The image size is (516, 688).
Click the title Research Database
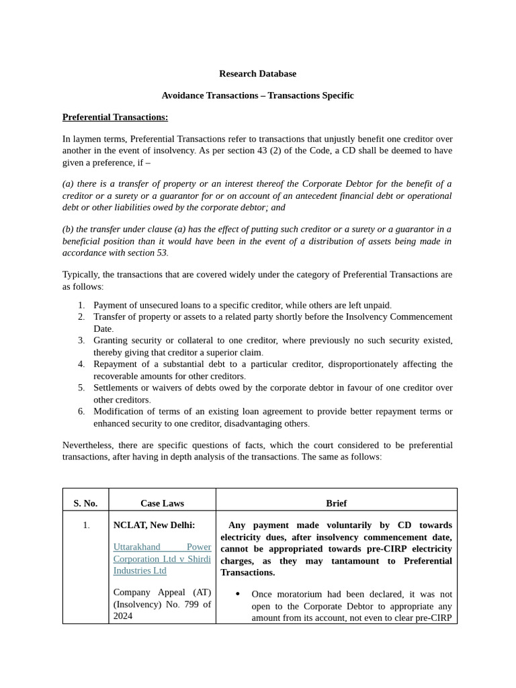[x=257, y=74]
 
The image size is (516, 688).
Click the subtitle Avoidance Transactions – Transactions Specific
[x=257, y=95]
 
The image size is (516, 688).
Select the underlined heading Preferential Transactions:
[x=115, y=118]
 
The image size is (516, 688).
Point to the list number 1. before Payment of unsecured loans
[x=81, y=305]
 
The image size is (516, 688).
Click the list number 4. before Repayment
[x=81, y=364]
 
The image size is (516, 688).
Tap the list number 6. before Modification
[x=81, y=411]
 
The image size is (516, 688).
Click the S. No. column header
[x=85, y=503]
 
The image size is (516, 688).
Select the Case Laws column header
[x=162, y=503]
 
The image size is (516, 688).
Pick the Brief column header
[x=336, y=503]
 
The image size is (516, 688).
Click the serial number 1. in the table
[x=86, y=525]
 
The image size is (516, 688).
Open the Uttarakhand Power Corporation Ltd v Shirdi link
[x=162, y=558]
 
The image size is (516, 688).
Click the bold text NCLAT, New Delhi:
[x=154, y=525]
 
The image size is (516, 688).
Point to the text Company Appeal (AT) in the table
[x=162, y=592]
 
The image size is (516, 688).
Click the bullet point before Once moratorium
[x=239, y=595]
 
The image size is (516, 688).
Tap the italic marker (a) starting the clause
[x=68, y=184]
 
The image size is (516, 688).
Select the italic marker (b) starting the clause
[x=68, y=229]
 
